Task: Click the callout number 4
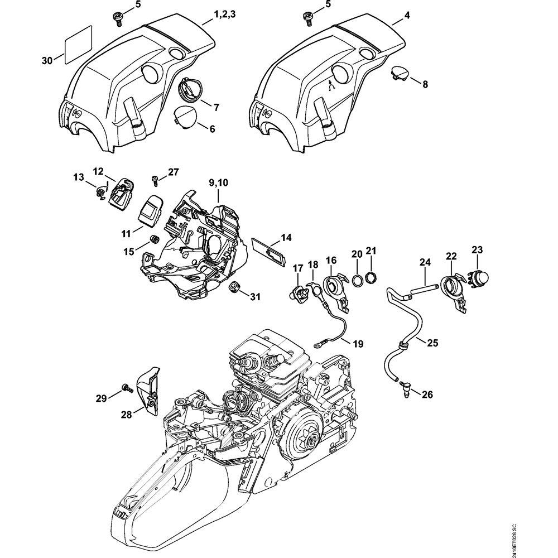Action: coord(407,16)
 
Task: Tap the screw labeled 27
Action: coord(155,180)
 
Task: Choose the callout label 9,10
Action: coord(218,182)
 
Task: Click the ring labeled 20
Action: coord(355,279)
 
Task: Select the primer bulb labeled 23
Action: coord(477,275)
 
